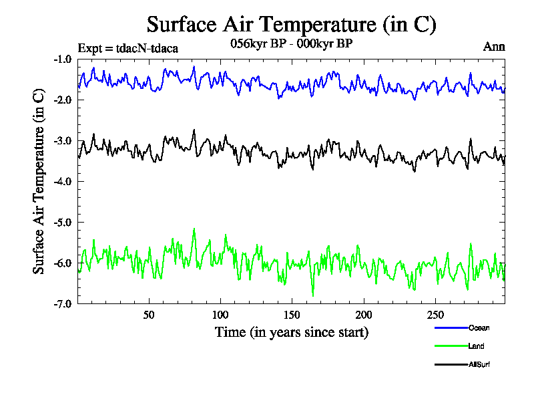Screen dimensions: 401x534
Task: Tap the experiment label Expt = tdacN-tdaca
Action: click(127, 48)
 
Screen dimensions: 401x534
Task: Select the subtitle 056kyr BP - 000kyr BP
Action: click(290, 43)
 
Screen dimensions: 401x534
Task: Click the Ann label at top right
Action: click(494, 47)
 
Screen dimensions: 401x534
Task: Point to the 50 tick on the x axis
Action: click(149, 315)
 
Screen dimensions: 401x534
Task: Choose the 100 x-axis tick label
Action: click(220, 315)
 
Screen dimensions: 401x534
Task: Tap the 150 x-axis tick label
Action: click(292, 315)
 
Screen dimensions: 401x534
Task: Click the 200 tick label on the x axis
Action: click(363, 315)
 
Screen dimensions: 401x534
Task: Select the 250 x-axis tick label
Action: click(435, 315)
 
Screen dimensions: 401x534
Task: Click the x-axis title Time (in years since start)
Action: click(291, 332)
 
